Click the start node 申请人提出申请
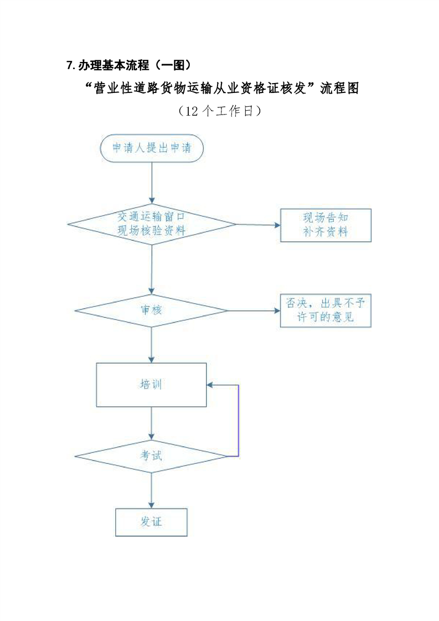pyautogui.click(x=151, y=148)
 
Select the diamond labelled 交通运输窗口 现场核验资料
pyautogui.click(x=151, y=225)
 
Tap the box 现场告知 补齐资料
pyautogui.click(x=326, y=225)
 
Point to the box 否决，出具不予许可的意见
pyautogui.click(x=326, y=310)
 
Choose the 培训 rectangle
pyautogui.click(x=151, y=385)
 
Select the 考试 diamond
pyautogui.click(x=151, y=457)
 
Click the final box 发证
pyautogui.click(x=151, y=521)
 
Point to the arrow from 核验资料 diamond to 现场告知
pyautogui.click(x=258, y=225)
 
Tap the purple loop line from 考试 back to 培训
pyautogui.click(x=238, y=421)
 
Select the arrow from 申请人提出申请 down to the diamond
pyautogui.click(x=151, y=183)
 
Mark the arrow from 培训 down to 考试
pyautogui.click(x=151, y=423)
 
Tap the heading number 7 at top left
pyautogui.click(x=69, y=66)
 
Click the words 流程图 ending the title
pyautogui.click(x=340, y=89)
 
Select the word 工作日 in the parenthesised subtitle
pyautogui.click(x=236, y=111)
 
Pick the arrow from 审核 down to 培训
pyautogui.click(x=151, y=344)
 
